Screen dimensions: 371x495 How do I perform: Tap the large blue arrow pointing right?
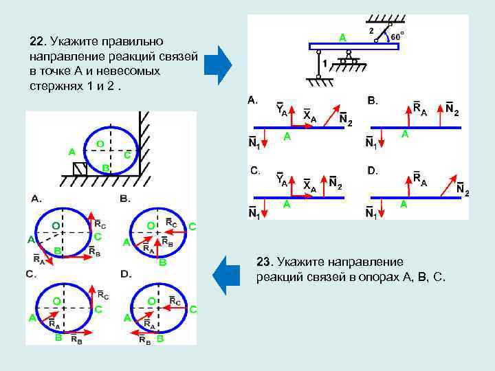click(x=221, y=65)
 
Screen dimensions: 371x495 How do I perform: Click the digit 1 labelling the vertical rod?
click(x=325, y=63)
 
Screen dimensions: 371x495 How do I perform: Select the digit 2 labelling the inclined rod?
click(x=372, y=32)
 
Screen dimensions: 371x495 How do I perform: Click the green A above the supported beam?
click(x=342, y=37)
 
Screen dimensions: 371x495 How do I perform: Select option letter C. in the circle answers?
click(x=32, y=273)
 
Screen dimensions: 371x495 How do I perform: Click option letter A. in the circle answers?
click(x=35, y=198)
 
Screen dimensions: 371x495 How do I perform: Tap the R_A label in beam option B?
click(x=419, y=111)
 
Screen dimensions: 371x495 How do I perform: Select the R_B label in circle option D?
click(x=144, y=339)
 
